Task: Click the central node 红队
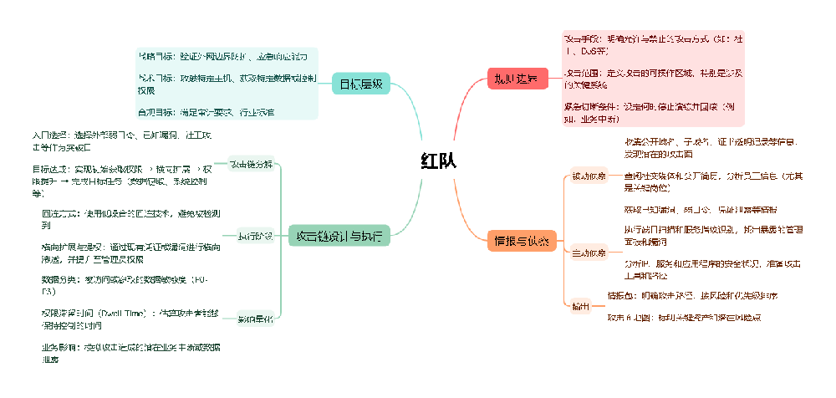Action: point(438,161)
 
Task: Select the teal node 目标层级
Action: point(360,84)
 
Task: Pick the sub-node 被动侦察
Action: point(589,176)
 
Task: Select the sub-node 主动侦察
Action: point(589,252)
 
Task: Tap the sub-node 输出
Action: point(579,307)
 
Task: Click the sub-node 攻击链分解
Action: point(251,164)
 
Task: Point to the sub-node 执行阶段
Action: point(255,237)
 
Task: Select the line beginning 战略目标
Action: point(223,56)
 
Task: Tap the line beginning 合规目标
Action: point(206,111)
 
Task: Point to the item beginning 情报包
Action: point(686,295)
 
